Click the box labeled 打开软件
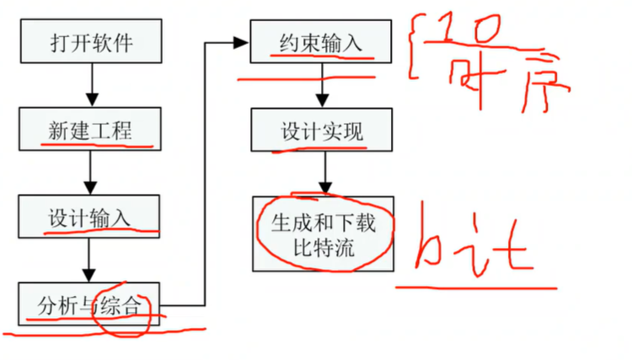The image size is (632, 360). [x=88, y=41]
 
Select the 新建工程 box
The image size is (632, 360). [x=88, y=131]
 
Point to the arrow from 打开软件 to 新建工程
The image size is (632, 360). [x=88, y=87]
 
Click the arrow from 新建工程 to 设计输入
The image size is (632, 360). [x=88, y=174]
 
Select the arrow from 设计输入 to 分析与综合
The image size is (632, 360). [x=88, y=261]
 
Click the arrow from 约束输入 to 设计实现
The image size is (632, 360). [x=321, y=86]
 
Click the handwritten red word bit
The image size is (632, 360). [x=475, y=244]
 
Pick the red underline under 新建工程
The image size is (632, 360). [x=97, y=144]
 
